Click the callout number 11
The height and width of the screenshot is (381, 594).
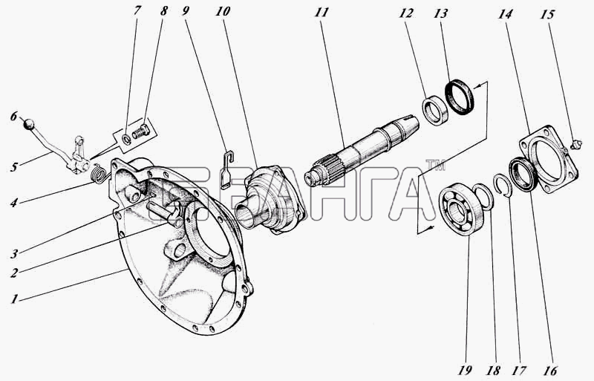[x=321, y=13]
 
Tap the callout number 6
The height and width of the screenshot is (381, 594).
[x=13, y=117]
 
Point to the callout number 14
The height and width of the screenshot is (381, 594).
[x=506, y=14]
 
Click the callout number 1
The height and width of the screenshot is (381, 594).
[x=14, y=299]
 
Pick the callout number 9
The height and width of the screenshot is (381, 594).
[x=185, y=10]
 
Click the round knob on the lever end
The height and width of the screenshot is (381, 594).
[x=29, y=123]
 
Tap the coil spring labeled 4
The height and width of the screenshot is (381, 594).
[x=100, y=173]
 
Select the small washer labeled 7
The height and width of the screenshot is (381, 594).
[x=128, y=139]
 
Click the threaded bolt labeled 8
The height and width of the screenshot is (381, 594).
[x=141, y=131]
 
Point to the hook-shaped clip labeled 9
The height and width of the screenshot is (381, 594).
[x=227, y=169]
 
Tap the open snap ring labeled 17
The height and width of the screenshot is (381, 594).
[x=504, y=186]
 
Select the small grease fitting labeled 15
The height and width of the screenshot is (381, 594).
[x=575, y=144]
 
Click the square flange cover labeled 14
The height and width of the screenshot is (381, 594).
[x=547, y=159]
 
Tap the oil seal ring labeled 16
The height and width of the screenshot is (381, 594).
[x=523, y=175]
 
